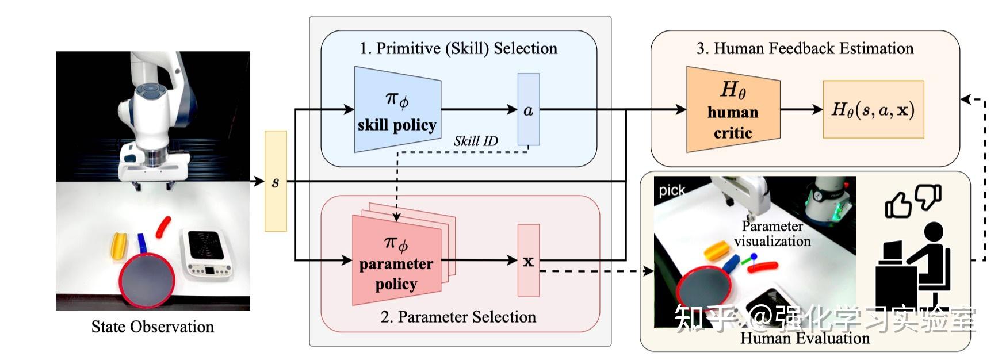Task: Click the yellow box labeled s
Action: [x=276, y=181]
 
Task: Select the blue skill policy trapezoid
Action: [x=397, y=109]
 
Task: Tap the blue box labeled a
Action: [x=528, y=109]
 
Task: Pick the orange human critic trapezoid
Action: [x=732, y=109]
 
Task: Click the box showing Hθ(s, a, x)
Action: [x=873, y=109]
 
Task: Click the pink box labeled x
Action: [x=528, y=261]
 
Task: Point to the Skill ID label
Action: [x=475, y=141]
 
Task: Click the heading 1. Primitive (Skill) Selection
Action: [x=458, y=48]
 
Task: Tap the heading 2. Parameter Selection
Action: [x=458, y=317]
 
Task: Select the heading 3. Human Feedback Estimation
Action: [x=805, y=48]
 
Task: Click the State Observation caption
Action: [x=152, y=327]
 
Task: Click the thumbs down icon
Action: [x=927, y=197]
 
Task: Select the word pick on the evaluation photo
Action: [x=672, y=190]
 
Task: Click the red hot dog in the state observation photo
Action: [x=163, y=227]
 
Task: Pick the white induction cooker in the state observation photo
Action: [x=206, y=253]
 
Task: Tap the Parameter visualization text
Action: [x=772, y=233]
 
